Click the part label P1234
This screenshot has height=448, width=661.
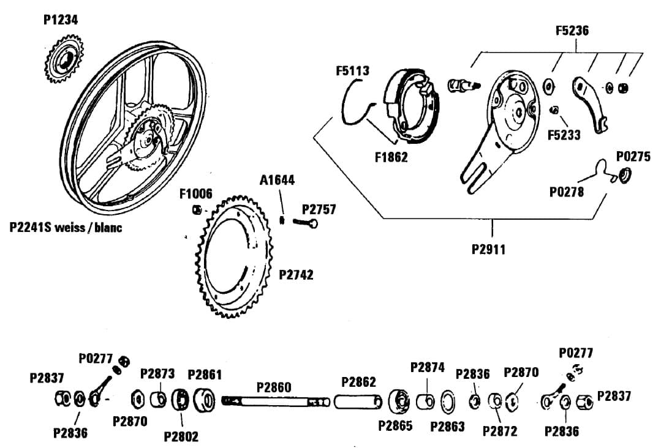[61, 20]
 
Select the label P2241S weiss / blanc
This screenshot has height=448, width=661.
[66, 228]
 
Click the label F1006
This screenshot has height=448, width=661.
[196, 194]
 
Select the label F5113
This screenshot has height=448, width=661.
[352, 71]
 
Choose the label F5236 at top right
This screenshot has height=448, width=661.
[572, 31]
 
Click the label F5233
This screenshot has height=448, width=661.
[564, 134]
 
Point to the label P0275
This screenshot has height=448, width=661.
[633, 157]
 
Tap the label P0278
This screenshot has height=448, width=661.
[567, 192]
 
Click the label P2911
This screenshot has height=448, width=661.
[489, 250]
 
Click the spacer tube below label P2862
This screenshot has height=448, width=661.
[358, 401]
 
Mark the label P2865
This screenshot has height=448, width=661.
[395, 425]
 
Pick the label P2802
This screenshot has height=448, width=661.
[181, 436]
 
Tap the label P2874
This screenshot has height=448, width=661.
[428, 367]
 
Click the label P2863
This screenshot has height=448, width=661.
[447, 427]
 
